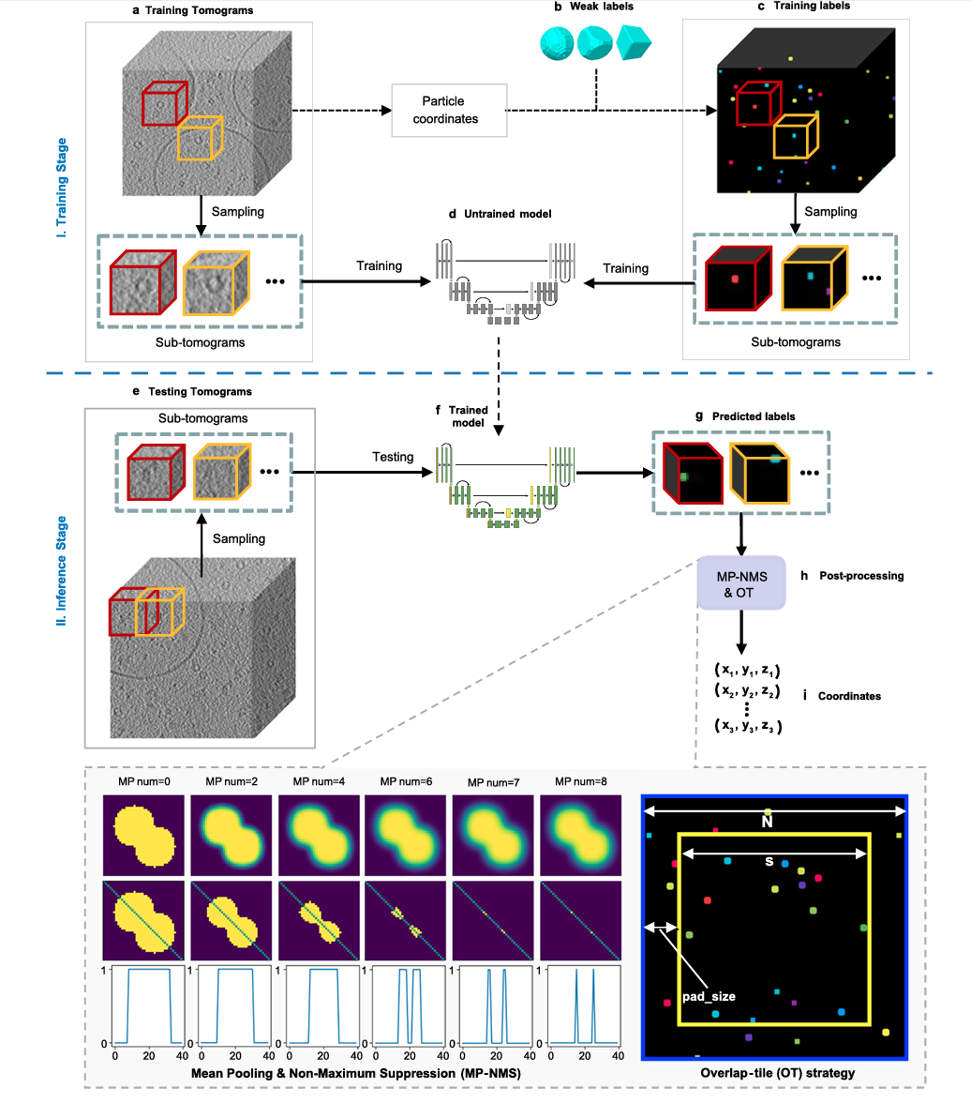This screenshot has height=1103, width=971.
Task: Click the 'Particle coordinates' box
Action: coord(449,110)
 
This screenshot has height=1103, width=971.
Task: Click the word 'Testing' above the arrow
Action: coord(393,457)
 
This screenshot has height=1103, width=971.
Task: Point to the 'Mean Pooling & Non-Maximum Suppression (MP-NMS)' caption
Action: coord(357,1071)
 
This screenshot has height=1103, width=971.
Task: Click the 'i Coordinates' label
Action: coord(843,696)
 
